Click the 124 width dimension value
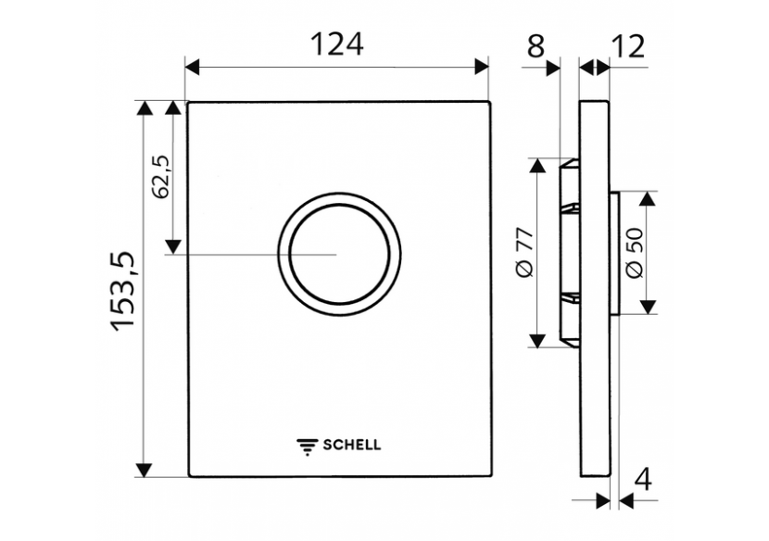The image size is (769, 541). pos(335,43)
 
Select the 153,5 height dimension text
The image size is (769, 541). pos(123,291)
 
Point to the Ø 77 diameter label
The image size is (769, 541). pos(522,253)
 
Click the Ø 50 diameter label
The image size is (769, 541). pos(634,253)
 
